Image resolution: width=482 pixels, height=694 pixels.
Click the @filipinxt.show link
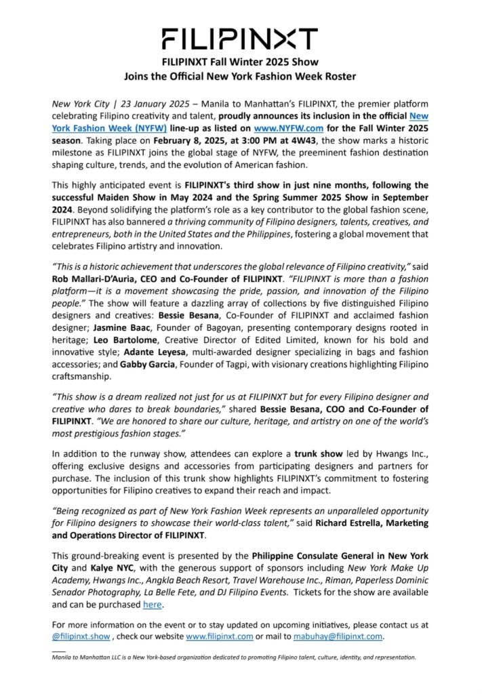(x=81, y=636)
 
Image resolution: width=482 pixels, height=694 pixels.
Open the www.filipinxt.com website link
(x=220, y=636)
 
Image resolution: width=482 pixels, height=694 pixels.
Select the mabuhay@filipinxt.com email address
(x=339, y=636)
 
